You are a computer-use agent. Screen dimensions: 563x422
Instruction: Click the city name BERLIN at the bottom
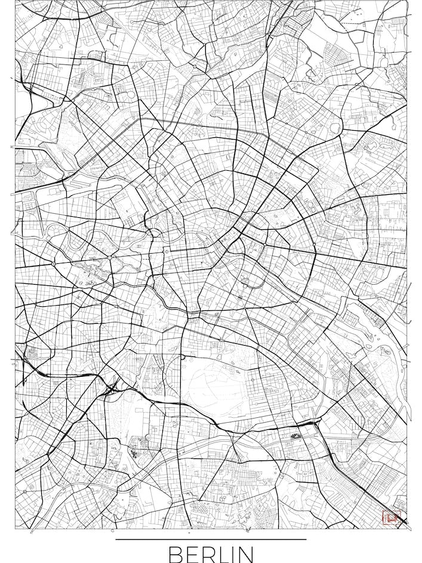(x=211, y=553)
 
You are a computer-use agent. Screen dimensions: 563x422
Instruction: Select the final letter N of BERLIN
(x=245, y=554)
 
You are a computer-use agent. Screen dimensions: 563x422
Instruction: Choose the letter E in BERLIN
(x=189, y=554)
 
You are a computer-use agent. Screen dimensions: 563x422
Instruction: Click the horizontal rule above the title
(x=211, y=539)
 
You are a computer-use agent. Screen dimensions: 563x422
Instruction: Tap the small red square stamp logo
(x=391, y=518)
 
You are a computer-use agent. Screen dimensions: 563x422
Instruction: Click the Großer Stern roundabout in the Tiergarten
(x=110, y=257)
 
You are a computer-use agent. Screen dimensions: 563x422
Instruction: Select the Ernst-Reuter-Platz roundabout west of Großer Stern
(x=53, y=263)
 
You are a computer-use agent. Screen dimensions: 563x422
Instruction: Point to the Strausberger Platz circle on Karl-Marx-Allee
(x=264, y=244)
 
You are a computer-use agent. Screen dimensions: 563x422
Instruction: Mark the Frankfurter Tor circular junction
(x=314, y=244)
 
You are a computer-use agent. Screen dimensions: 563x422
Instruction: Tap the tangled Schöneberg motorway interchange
(x=112, y=390)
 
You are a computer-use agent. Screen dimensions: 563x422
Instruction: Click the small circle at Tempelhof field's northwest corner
(x=183, y=356)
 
